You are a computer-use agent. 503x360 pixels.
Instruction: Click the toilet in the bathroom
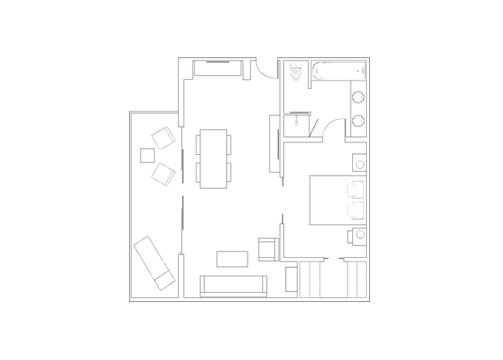[296, 72]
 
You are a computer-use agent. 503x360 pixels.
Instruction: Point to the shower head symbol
[296, 122]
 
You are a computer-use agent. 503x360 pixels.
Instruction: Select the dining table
[214, 159]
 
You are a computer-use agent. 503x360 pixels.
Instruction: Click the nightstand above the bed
[360, 163]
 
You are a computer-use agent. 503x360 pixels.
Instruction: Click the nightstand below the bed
[360, 234]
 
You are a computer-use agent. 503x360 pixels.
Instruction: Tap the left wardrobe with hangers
[310, 279]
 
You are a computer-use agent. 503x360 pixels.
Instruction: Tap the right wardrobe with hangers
[355, 279]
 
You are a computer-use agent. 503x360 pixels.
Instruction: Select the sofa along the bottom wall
[234, 286]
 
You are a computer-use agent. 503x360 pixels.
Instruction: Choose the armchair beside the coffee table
[266, 249]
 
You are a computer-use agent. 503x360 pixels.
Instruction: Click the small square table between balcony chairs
[148, 155]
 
